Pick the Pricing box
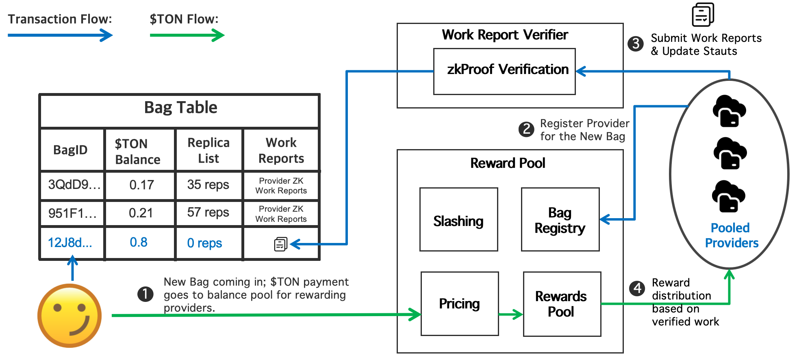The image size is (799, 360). [x=459, y=304]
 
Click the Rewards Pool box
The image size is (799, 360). [x=561, y=304]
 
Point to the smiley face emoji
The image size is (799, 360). [x=69, y=316]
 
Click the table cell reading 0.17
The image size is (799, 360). [x=141, y=185]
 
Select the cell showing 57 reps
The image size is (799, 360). [x=208, y=213]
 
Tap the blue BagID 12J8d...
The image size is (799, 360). [x=70, y=243]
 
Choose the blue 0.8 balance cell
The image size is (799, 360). [x=139, y=243]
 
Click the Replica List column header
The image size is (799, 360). [x=208, y=150]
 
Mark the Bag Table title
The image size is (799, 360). [x=180, y=108]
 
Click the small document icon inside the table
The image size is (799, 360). [x=280, y=244]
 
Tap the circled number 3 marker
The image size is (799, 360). [x=635, y=44]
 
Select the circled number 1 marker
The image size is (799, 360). [x=145, y=294]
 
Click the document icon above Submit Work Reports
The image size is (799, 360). [x=703, y=15]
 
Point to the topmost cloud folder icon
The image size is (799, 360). [x=729, y=111]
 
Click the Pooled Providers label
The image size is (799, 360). [x=731, y=235]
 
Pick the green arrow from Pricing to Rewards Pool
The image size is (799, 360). [x=510, y=314]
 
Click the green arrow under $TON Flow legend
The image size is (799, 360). [x=187, y=36]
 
